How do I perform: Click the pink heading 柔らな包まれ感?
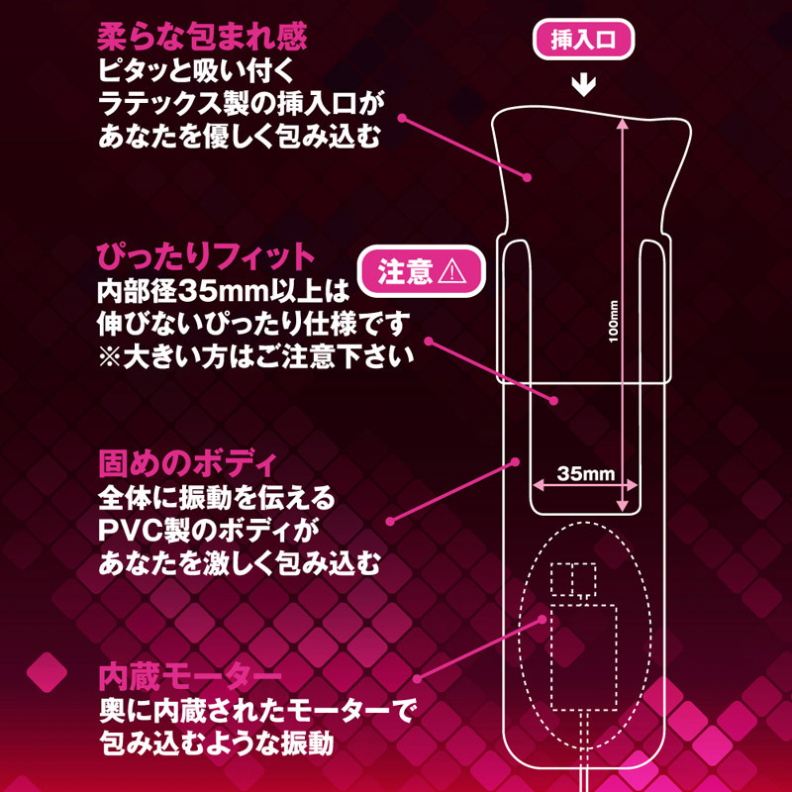tap(202, 38)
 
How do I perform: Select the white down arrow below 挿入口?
tap(584, 85)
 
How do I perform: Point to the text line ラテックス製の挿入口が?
tap(240, 102)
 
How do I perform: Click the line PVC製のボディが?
tap(210, 530)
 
